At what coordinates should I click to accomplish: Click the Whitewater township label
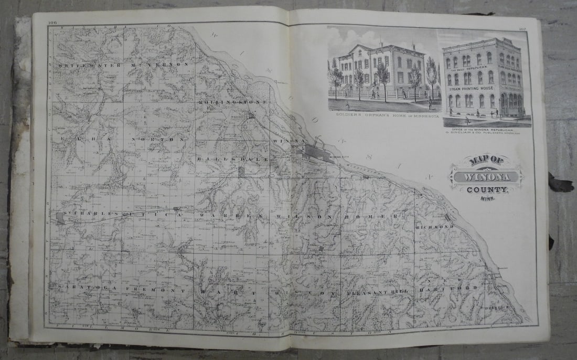pos(90,65)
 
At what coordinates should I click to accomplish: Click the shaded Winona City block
pos(318,153)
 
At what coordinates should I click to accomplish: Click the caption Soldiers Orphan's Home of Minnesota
pos(383,116)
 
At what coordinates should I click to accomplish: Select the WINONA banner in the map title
pos(486,177)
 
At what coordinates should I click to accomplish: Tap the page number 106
pos(52,22)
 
